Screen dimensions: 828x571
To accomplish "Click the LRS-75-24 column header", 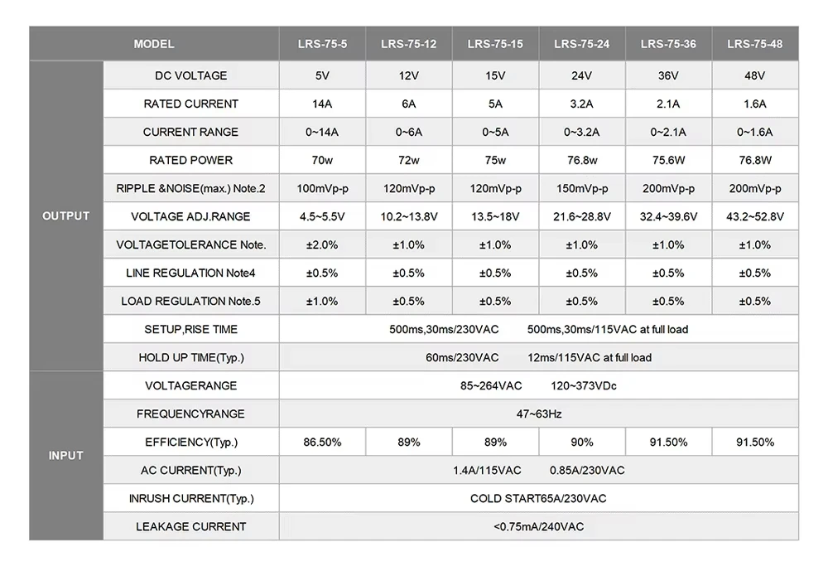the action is [x=581, y=44].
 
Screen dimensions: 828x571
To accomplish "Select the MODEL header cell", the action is [x=154, y=44].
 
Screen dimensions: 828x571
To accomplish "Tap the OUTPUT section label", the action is [x=66, y=216].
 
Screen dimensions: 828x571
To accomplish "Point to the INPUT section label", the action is [x=66, y=456].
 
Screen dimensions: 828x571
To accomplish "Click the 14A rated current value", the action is [x=322, y=104].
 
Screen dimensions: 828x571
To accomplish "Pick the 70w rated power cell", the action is [x=322, y=160].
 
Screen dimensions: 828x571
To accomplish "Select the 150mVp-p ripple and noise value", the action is [x=582, y=188].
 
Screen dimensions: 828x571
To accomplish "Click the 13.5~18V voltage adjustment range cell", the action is [x=495, y=216].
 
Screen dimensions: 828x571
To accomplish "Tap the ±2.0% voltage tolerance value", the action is [x=322, y=244].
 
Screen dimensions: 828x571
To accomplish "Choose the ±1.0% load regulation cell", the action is [x=322, y=301].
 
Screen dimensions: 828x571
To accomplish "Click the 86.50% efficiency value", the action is [x=322, y=442].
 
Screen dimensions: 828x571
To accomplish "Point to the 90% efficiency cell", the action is [x=582, y=442].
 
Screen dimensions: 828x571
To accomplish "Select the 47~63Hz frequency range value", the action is [x=539, y=414].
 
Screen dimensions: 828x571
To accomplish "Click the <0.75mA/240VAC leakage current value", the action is [x=539, y=526].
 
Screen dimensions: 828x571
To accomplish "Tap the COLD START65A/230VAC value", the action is [x=539, y=499].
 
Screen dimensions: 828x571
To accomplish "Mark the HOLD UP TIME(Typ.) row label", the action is [x=191, y=357].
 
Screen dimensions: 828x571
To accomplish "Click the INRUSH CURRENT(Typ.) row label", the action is [x=191, y=499].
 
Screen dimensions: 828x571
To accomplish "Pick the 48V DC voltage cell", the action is [x=754, y=75].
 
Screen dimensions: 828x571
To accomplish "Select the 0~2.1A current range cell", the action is [x=668, y=132].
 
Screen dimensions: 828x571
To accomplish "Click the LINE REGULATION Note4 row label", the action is [x=190, y=273].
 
